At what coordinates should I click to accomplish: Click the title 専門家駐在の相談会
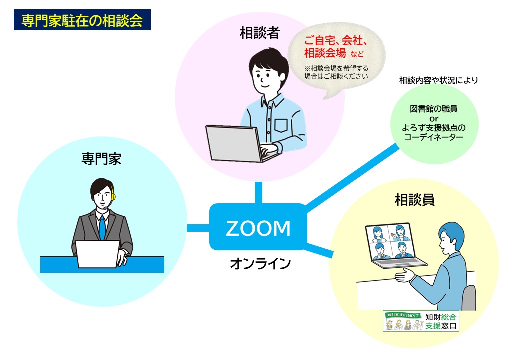(x=82, y=21)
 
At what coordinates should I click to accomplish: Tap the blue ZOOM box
(x=258, y=227)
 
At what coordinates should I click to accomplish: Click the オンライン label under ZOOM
(x=260, y=263)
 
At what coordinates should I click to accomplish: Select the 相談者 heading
(x=260, y=34)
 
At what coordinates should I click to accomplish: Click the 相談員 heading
(x=414, y=200)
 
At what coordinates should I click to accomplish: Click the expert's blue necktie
(x=102, y=228)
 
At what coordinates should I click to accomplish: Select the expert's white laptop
(x=97, y=254)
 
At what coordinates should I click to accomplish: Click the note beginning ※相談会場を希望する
(x=336, y=72)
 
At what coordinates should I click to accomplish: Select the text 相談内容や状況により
(x=438, y=80)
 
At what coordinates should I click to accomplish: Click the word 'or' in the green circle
(x=434, y=118)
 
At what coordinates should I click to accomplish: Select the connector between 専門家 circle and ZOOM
(x=198, y=228)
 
